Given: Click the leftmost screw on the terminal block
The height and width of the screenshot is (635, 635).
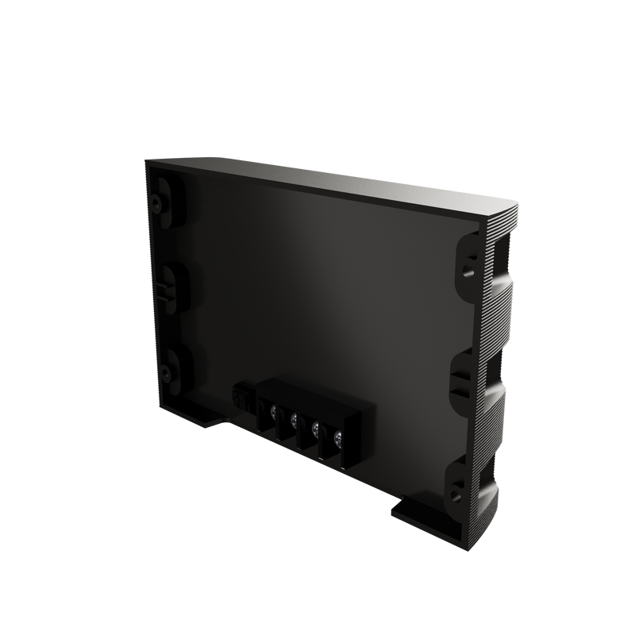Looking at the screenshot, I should (x=274, y=411).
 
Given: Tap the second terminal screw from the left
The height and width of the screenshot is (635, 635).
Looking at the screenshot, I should (x=294, y=420).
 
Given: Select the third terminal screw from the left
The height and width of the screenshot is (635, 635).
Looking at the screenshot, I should (x=316, y=429).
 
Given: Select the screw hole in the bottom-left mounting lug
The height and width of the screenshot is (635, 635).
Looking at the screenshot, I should (x=166, y=370).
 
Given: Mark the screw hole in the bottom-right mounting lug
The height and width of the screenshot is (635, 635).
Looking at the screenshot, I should (x=455, y=495).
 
